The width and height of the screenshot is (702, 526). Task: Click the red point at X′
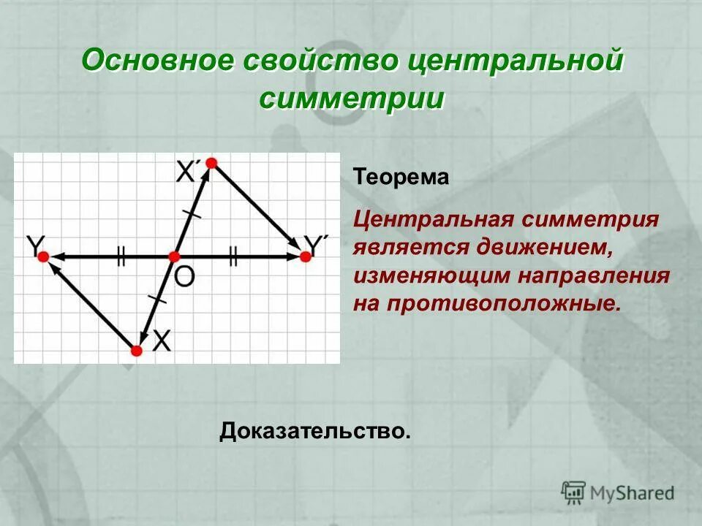pyautogui.click(x=211, y=163)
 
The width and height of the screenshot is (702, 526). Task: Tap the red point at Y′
pyautogui.click(x=305, y=256)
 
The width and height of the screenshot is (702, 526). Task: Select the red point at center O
pyautogui.click(x=174, y=256)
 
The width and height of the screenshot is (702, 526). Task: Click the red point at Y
pyautogui.click(x=43, y=256)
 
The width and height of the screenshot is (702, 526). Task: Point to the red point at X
pyautogui.click(x=136, y=351)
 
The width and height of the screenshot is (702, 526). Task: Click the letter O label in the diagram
pyautogui.click(x=185, y=276)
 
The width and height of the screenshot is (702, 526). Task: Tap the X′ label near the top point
pyautogui.click(x=188, y=172)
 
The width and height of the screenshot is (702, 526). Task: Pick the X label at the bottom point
pyautogui.click(x=162, y=340)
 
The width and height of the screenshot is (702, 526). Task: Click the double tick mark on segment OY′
pyautogui.click(x=233, y=256)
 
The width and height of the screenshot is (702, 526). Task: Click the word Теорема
pyautogui.click(x=401, y=178)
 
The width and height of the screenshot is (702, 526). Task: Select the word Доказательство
pyautogui.click(x=314, y=431)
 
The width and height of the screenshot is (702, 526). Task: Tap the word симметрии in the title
pyautogui.click(x=351, y=98)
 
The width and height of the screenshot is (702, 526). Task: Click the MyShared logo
pyautogui.click(x=617, y=492)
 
